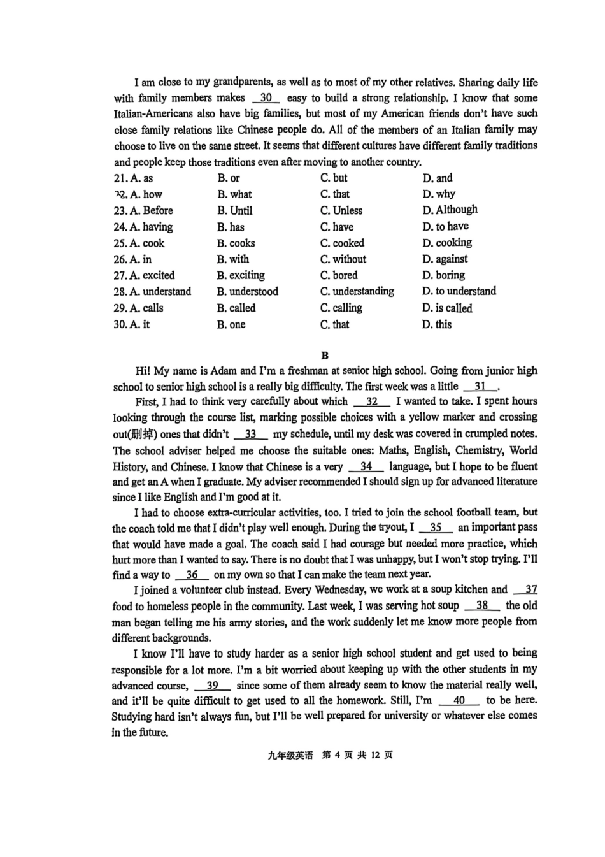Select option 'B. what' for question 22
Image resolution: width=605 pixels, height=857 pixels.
click(234, 194)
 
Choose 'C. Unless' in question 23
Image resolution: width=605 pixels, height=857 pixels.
click(341, 210)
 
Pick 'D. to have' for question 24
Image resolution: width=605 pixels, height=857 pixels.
click(445, 226)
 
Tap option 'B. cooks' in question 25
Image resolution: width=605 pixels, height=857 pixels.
click(236, 243)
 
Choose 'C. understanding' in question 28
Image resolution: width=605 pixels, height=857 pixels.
click(357, 291)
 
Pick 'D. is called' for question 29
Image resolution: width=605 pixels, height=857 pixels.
click(447, 308)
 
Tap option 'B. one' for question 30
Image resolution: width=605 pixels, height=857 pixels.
click(231, 324)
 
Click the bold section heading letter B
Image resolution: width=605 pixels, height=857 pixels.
click(325, 356)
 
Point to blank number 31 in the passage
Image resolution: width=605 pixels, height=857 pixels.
click(480, 386)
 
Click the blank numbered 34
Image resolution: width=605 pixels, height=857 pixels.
click(366, 466)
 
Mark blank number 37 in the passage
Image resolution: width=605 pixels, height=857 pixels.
click(530, 590)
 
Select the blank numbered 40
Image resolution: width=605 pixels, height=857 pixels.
click(459, 700)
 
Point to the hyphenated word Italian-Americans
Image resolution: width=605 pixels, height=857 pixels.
click(153, 114)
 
